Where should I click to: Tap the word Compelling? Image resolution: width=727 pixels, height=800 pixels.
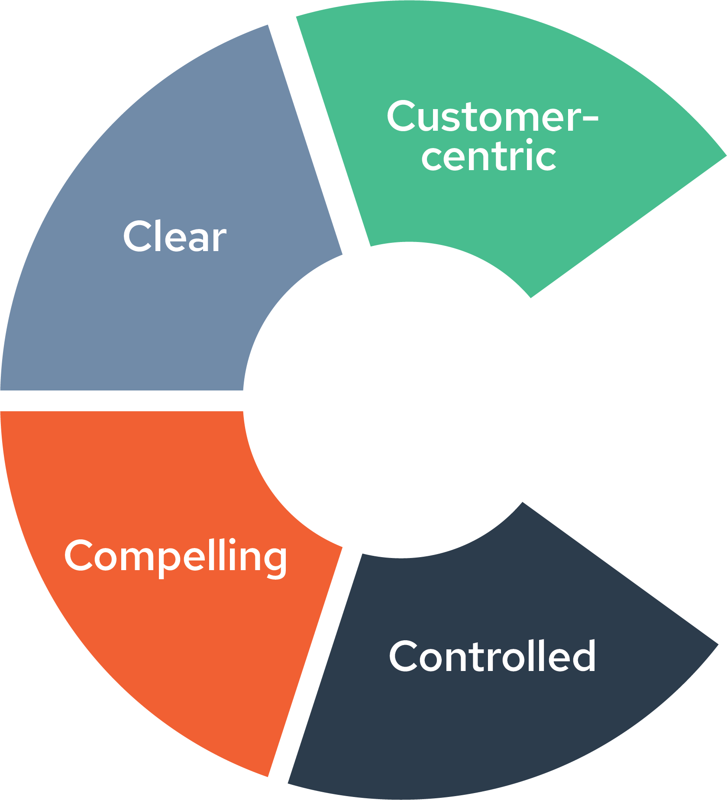point(175,556)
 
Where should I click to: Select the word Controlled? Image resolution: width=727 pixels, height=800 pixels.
point(492,656)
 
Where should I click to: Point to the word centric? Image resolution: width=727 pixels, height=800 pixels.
point(488,156)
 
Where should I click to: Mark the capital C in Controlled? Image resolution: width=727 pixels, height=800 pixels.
point(404,656)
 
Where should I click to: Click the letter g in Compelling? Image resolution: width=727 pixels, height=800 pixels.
point(274,561)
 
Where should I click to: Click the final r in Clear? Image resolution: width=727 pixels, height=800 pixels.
point(219,241)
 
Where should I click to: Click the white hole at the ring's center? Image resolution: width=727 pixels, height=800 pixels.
point(403,400)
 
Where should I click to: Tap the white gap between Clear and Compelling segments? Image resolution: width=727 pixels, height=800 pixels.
point(121,400)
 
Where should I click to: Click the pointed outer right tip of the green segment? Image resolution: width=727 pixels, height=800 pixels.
point(724,155)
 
